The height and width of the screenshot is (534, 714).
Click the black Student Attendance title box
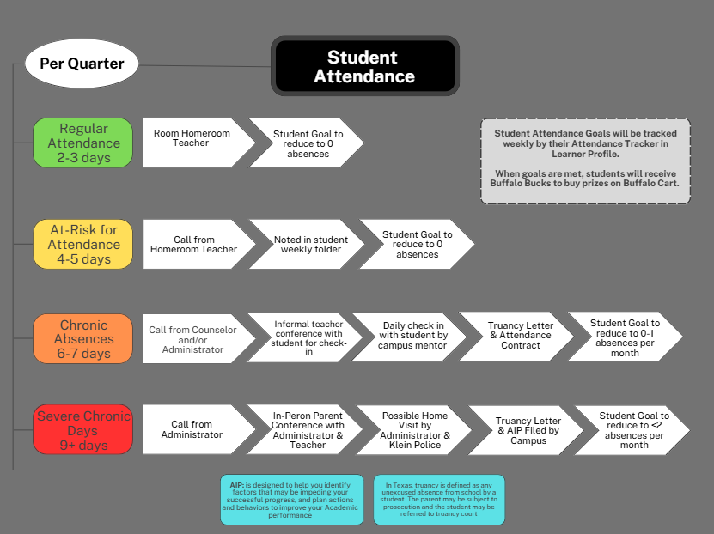click(x=364, y=66)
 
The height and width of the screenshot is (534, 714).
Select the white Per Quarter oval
click(x=82, y=64)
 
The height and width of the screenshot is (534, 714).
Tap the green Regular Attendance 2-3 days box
click(x=83, y=143)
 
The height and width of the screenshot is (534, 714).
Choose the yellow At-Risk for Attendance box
click(x=83, y=244)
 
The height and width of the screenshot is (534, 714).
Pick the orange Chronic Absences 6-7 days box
click(x=83, y=338)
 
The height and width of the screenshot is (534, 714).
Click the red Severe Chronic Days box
click(x=83, y=429)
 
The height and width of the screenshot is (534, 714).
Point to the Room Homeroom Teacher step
click(x=192, y=143)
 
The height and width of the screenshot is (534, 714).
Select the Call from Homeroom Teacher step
click(x=193, y=245)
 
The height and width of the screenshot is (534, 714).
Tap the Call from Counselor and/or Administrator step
click(x=193, y=338)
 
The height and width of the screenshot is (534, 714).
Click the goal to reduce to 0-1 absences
click(x=625, y=337)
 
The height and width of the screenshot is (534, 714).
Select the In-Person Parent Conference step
click(x=307, y=430)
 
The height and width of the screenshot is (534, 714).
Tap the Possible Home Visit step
click(x=414, y=430)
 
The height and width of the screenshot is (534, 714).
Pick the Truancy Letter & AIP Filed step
click(x=526, y=430)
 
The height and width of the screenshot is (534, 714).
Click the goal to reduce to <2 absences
click(x=633, y=430)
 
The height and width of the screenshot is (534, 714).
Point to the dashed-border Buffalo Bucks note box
click(x=585, y=161)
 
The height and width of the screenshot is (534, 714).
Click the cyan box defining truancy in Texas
click(x=439, y=500)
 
